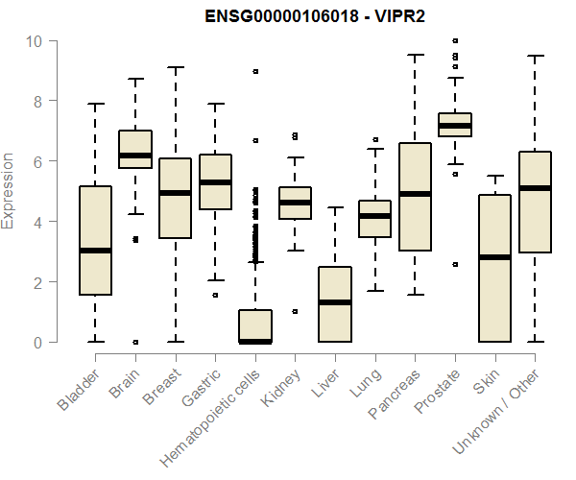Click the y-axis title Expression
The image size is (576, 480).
(10, 191)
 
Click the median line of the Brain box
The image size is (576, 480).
(135, 156)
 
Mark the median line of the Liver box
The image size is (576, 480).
(334, 302)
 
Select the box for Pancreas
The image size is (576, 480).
(414, 197)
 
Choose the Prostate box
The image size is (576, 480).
(454, 124)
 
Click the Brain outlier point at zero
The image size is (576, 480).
(135, 342)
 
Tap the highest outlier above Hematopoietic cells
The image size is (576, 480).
(254, 72)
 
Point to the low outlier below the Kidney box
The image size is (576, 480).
(295, 311)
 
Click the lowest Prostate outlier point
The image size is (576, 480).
(454, 264)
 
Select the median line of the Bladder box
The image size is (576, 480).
(95, 251)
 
